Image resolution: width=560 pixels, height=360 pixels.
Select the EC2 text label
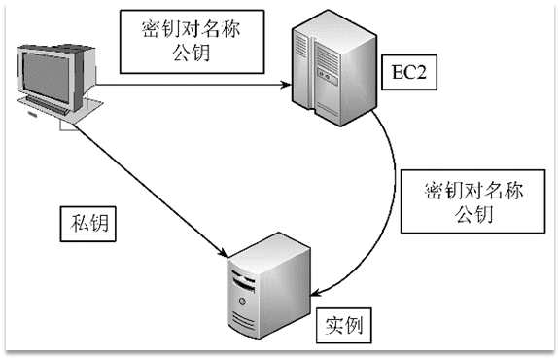tap(401, 70)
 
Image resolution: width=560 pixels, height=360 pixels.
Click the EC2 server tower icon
tap(330, 71)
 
